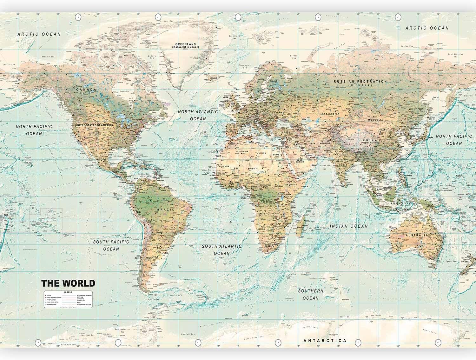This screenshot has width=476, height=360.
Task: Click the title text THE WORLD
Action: click(x=68, y=283)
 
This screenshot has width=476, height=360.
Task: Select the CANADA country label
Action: click(x=86, y=90)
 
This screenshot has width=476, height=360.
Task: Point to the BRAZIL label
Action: click(x=168, y=210)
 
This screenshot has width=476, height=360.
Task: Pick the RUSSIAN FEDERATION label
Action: click(x=360, y=82)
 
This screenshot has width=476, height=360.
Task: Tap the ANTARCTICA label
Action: click(x=325, y=341)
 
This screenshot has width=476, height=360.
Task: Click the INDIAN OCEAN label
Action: click(x=349, y=226)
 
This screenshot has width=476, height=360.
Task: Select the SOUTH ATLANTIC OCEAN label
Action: click(x=222, y=250)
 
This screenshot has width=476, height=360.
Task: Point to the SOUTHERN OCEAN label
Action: click(x=311, y=294)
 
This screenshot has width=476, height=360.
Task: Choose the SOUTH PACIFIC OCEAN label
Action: click(x=111, y=245)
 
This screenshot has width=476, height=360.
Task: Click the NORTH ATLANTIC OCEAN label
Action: click(x=198, y=115)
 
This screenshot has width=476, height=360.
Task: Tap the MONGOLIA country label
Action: click(x=375, y=120)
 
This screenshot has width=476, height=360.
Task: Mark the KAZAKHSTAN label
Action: click(x=331, y=114)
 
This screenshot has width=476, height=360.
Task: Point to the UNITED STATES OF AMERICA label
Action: click(x=94, y=125)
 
